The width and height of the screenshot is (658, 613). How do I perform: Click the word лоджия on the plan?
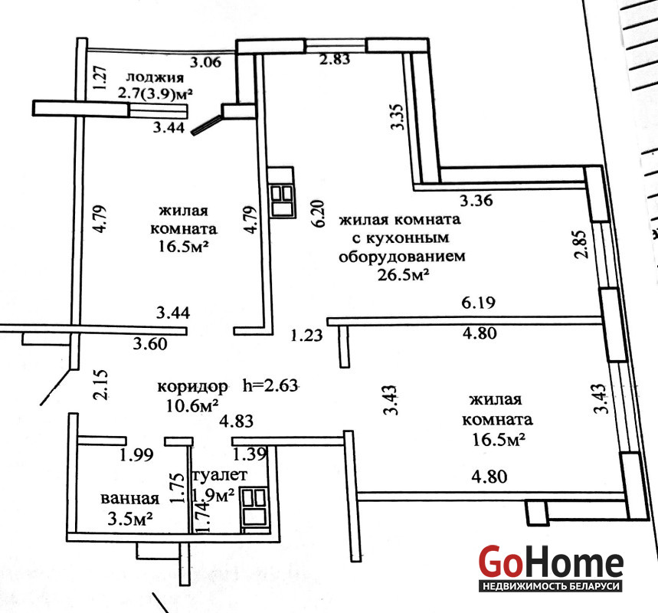click(x=155, y=77)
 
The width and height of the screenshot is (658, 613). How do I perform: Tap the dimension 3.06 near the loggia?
click(x=205, y=62)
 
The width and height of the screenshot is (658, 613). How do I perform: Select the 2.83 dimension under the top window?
click(x=335, y=59)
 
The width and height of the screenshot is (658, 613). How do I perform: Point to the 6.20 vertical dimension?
click(x=319, y=214)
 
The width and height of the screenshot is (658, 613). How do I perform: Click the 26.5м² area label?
click(x=403, y=275)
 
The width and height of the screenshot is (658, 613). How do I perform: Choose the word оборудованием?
click(x=402, y=256)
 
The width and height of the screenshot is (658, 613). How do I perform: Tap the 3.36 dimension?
click(x=476, y=201)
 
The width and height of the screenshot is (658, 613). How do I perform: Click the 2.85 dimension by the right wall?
click(x=581, y=244)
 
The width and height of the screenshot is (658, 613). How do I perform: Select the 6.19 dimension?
click(x=479, y=303)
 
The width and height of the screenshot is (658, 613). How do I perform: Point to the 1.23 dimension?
click(x=307, y=335)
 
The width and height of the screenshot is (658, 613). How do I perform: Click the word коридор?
click(x=192, y=386)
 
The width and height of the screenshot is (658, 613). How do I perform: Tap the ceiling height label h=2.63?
click(x=270, y=385)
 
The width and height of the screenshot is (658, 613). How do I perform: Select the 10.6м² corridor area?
click(x=192, y=406)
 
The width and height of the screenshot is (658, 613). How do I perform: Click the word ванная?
click(x=130, y=498)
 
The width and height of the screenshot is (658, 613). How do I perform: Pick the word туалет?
click(x=220, y=475)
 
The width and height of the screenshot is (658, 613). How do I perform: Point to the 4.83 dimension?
click(x=236, y=421)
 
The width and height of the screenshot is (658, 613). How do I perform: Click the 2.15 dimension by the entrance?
click(x=103, y=384)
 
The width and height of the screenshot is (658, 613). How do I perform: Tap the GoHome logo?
click(x=551, y=568)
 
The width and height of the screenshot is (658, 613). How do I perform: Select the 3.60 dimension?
click(x=150, y=344)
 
